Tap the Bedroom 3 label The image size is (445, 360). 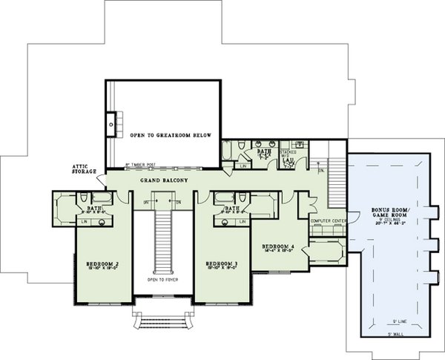(x=221, y=263)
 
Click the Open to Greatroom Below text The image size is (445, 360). (x=171, y=136)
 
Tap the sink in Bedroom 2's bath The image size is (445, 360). (x=100, y=222)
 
